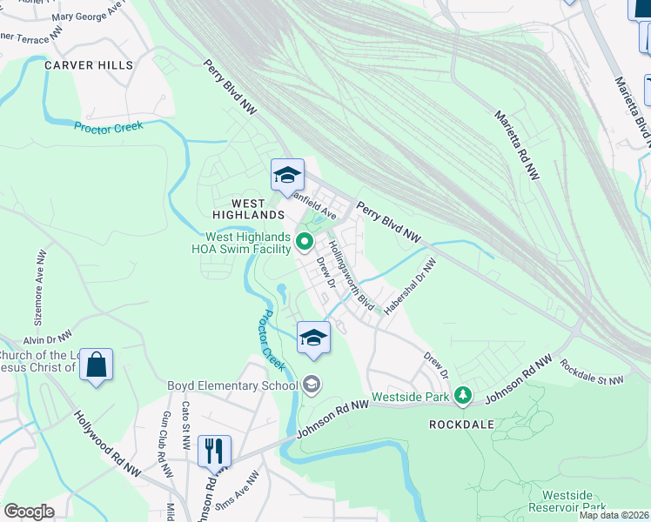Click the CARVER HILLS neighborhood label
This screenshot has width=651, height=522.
click(90, 65)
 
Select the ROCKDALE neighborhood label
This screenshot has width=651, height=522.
click(462, 424)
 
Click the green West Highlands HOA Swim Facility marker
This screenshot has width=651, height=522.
click(305, 241)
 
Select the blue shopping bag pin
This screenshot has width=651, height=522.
click(96, 365)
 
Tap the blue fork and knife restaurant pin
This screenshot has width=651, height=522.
click(214, 451)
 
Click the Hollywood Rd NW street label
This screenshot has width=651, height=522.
click(107, 445)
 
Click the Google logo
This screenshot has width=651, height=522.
click(29, 512)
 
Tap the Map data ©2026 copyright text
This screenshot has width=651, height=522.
click(614, 515)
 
